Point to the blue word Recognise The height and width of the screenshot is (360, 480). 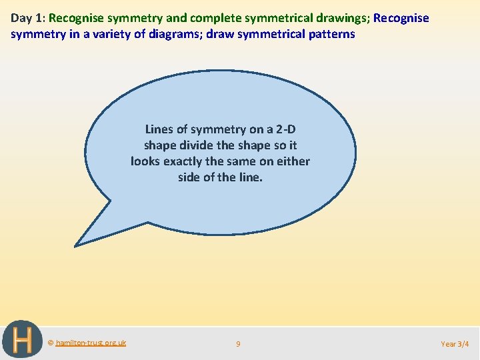401,18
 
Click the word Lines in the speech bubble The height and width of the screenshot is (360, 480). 159,129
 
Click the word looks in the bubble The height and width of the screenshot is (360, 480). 145,161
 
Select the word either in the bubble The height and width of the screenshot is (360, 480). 294,161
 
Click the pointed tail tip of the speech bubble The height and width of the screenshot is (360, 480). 75,245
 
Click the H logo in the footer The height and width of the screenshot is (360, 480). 21,340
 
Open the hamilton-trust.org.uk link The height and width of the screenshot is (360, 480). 91,343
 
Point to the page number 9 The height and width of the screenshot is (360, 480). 238,344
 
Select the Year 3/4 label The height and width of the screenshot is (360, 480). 455,344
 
